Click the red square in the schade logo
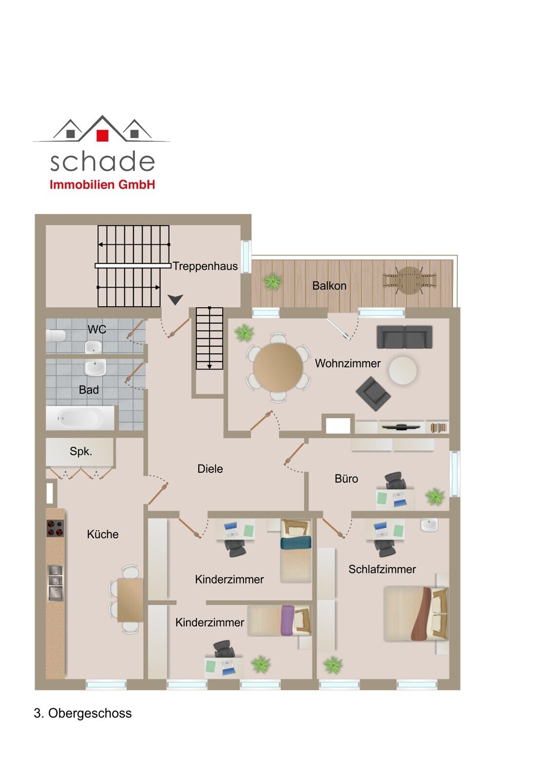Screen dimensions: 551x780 pos(102,136)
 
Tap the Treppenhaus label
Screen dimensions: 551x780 pos(205,266)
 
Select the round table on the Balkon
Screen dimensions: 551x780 pos(409,280)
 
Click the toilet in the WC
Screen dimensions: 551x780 pos(56,336)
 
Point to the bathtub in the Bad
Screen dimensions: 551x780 pos(80,418)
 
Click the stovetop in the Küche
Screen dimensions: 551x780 pos(56,528)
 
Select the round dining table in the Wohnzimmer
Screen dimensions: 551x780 pos(278,367)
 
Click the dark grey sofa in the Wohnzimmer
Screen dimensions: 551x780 pos(404,337)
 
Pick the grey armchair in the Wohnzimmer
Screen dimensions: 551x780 pos(373,393)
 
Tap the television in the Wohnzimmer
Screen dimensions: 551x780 pos(401,427)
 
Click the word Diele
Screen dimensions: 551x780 pos(210,468)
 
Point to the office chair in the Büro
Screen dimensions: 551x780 pos(395,481)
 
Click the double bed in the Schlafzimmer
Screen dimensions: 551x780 pos(416,614)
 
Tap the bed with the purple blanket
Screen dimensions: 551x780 pos(279,621)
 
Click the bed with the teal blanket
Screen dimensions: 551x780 pos(296,550)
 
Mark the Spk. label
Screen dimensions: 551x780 pos(81,451)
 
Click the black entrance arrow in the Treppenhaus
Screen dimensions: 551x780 pos(175,299)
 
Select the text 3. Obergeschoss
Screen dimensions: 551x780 pos(83,713)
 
